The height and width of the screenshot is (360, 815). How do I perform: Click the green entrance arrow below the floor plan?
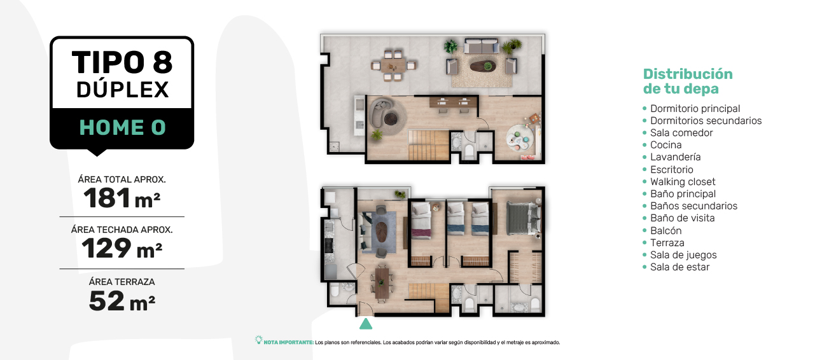[x=366, y=324]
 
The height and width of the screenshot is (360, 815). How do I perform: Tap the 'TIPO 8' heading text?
[x=122, y=62]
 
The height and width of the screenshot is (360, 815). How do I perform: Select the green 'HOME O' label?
[x=123, y=127]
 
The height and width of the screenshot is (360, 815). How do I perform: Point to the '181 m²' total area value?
[x=122, y=198]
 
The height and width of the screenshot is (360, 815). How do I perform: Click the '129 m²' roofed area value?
[x=122, y=248]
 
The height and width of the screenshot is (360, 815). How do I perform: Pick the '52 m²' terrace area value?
[x=122, y=301]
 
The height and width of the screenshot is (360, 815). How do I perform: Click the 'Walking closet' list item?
[x=683, y=181]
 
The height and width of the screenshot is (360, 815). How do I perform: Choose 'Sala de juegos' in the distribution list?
[x=683, y=255]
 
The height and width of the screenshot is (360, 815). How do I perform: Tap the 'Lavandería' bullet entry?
[x=675, y=157]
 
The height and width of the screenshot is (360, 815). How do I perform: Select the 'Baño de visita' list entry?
[x=682, y=218]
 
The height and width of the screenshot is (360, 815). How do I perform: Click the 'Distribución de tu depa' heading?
[x=688, y=81]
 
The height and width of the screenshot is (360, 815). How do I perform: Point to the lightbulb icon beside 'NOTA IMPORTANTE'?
[x=259, y=340]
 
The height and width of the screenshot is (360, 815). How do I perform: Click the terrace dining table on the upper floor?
[x=393, y=66]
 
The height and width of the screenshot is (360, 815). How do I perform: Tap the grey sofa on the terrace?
[x=481, y=46]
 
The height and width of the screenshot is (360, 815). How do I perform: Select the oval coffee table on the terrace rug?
[x=482, y=66]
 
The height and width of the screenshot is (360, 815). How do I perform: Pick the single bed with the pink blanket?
[x=421, y=220]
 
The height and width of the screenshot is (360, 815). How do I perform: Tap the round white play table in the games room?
[x=520, y=138]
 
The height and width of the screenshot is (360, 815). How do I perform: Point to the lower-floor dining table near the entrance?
[x=382, y=284]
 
